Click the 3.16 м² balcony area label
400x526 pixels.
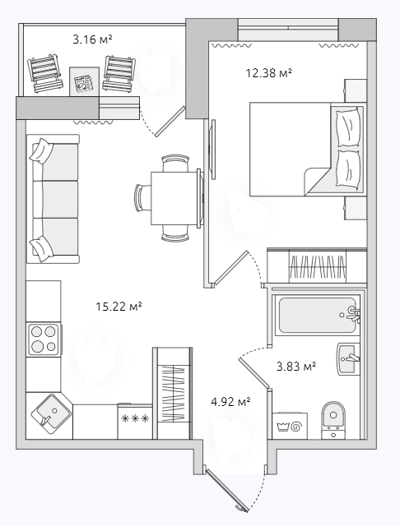pos(92,39)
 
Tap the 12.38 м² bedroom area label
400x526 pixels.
pos(268,72)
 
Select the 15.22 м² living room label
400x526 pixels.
pos(119,307)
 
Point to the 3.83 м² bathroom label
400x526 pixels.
pos(296,366)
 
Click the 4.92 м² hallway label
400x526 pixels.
pos(230,401)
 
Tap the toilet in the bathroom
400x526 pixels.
pos(333,420)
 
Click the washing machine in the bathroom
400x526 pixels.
pos(290,426)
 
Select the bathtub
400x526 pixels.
pos(316,316)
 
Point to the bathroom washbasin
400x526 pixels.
pos(348,358)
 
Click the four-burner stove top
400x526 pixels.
pos(44,339)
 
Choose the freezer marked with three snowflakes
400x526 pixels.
pos(135,422)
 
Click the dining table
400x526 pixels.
pos(175,198)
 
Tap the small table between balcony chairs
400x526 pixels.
pos(84,82)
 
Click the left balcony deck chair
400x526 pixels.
pos(45,73)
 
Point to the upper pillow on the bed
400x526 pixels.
pos(349,127)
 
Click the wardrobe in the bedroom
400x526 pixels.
pos(317,265)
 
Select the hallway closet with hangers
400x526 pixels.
pos(173,393)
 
